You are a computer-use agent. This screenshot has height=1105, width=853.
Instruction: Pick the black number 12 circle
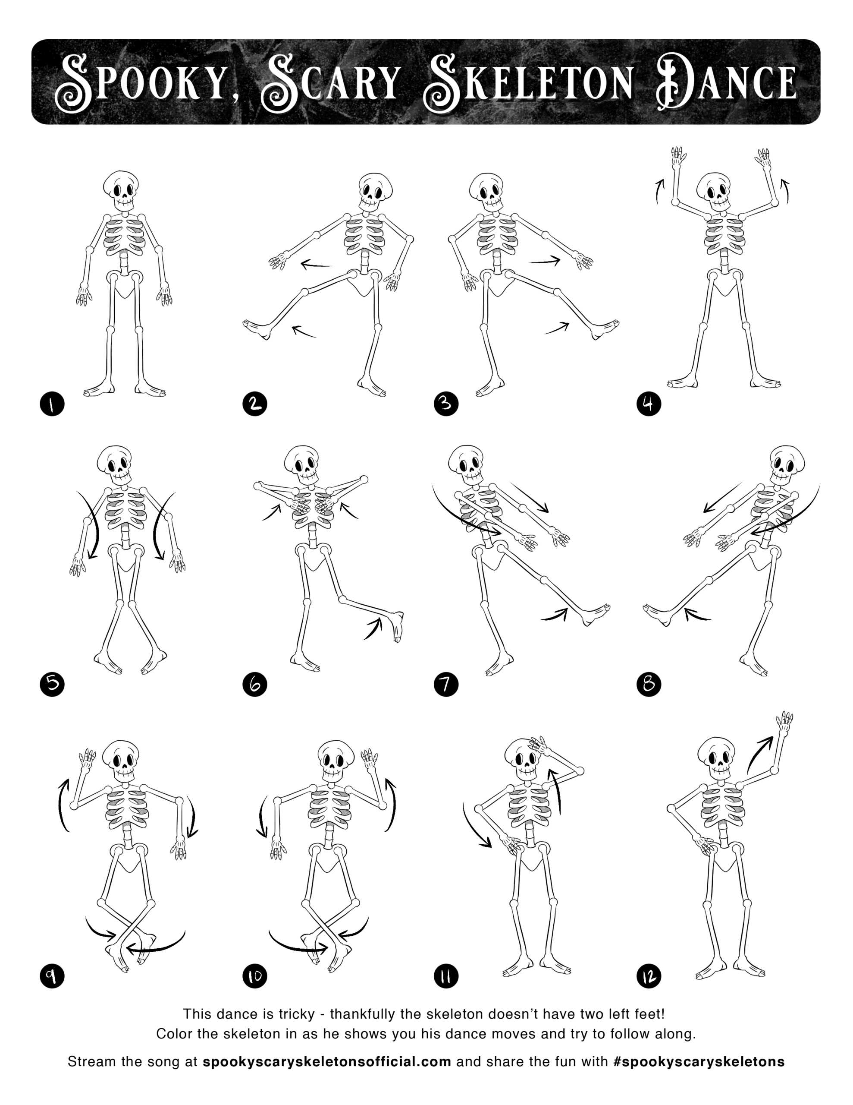pyautogui.click(x=649, y=976)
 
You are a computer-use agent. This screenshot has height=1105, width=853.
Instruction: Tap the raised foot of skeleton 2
pyautogui.click(x=257, y=329)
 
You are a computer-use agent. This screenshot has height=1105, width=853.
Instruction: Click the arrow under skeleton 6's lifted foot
pyautogui.click(x=373, y=628)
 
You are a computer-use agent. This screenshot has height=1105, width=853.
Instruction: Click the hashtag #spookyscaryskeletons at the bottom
pyautogui.click(x=698, y=1061)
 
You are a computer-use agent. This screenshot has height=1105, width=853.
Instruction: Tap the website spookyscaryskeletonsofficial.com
pyautogui.click(x=326, y=1061)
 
